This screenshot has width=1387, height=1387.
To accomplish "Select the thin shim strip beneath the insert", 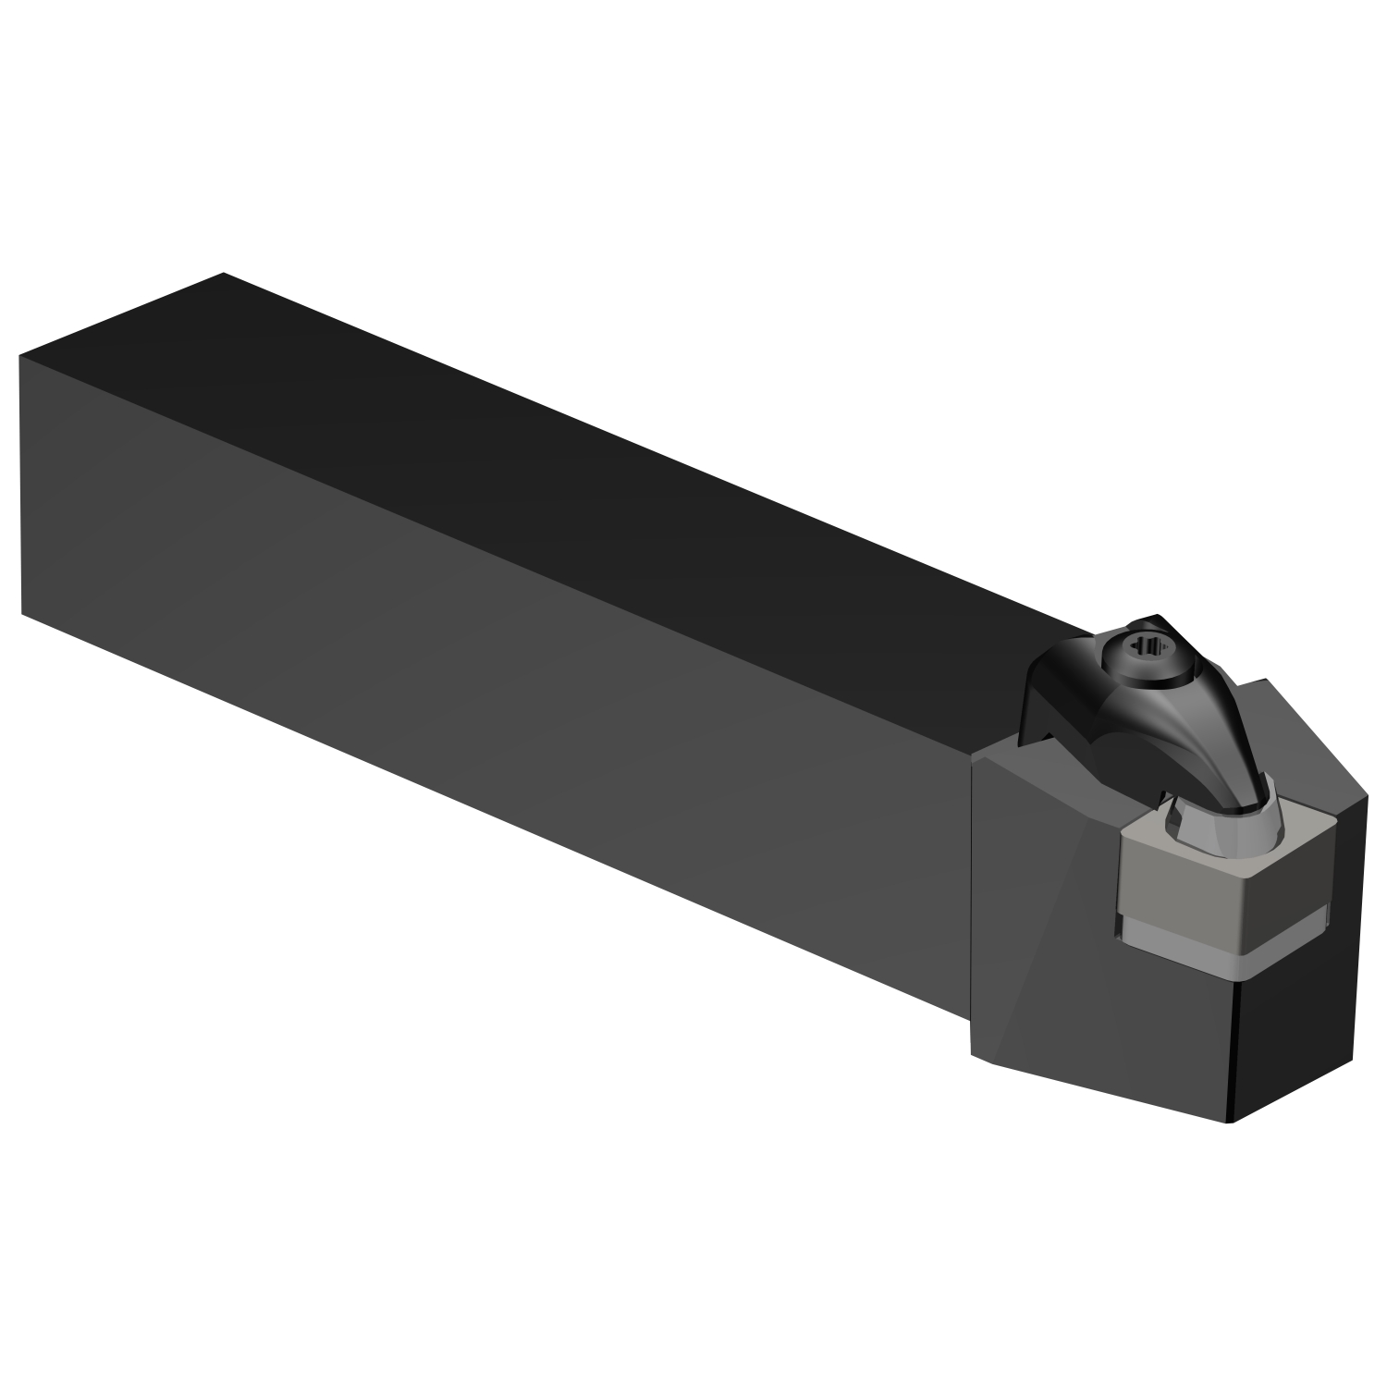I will pos(1193,952).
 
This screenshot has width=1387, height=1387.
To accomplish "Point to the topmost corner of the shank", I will pos(224,274).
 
